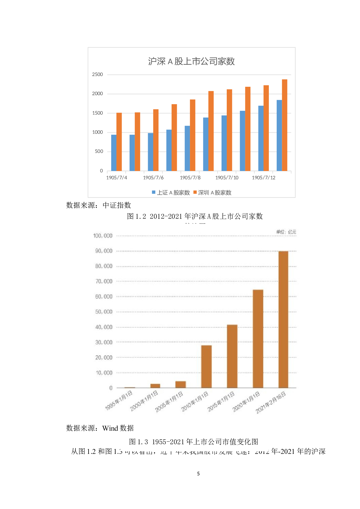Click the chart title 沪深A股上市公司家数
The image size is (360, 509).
[x=191, y=62]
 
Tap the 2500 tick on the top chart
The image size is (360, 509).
[x=98, y=75]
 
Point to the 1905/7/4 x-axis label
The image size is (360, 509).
[x=117, y=178]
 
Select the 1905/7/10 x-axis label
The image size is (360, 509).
[x=227, y=178]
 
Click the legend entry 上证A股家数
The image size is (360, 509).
[x=171, y=193]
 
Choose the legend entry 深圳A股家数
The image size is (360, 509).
[x=213, y=193]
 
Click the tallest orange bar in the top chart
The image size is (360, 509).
[x=285, y=125]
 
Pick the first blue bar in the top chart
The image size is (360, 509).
[x=114, y=153]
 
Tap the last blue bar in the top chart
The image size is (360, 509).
[x=279, y=135]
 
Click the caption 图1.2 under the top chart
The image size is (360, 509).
[x=195, y=216]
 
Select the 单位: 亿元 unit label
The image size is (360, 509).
[x=286, y=232]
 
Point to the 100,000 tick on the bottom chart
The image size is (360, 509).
[x=103, y=236]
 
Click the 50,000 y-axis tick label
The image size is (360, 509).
[x=104, y=312]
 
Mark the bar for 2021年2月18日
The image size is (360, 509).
[x=283, y=319]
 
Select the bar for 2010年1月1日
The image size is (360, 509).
[x=206, y=367]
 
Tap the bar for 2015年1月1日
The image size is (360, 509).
[x=232, y=356]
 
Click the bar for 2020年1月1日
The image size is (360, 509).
[x=258, y=339]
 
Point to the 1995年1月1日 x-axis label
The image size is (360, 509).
[x=119, y=400]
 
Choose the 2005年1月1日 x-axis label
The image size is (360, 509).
[x=169, y=402]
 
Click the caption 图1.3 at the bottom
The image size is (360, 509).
[x=194, y=442]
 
